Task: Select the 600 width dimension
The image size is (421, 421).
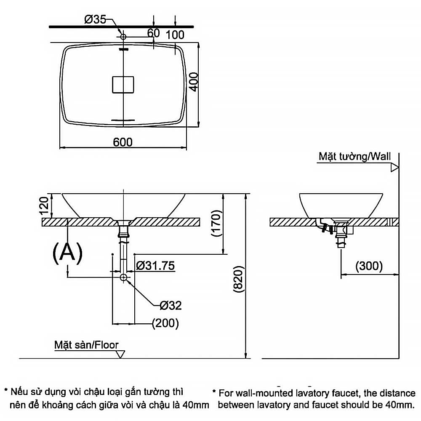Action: (x=123, y=142)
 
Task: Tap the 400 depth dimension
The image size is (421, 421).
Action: (x=193, y=82)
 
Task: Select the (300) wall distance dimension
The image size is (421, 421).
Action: (x=369, y=266)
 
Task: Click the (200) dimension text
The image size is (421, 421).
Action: (x=165, y=323)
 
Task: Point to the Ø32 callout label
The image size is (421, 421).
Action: (x=171, y=305)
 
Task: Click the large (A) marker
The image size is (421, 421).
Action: (x=67, y=252)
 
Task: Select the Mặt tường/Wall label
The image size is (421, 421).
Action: (x=354, y=157)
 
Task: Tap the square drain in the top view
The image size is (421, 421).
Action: (x=123, y=84)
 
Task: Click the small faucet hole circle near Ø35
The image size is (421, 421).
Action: (x=123, y=37)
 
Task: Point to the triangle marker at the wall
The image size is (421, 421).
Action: (x=394, y=168)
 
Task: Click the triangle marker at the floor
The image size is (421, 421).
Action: (x=121, y=354)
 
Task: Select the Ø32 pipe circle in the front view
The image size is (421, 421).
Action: (x=123, y=277)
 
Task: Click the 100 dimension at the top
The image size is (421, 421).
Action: (x=175, y=34)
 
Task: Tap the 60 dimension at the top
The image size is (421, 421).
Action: (x=154, y=33)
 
